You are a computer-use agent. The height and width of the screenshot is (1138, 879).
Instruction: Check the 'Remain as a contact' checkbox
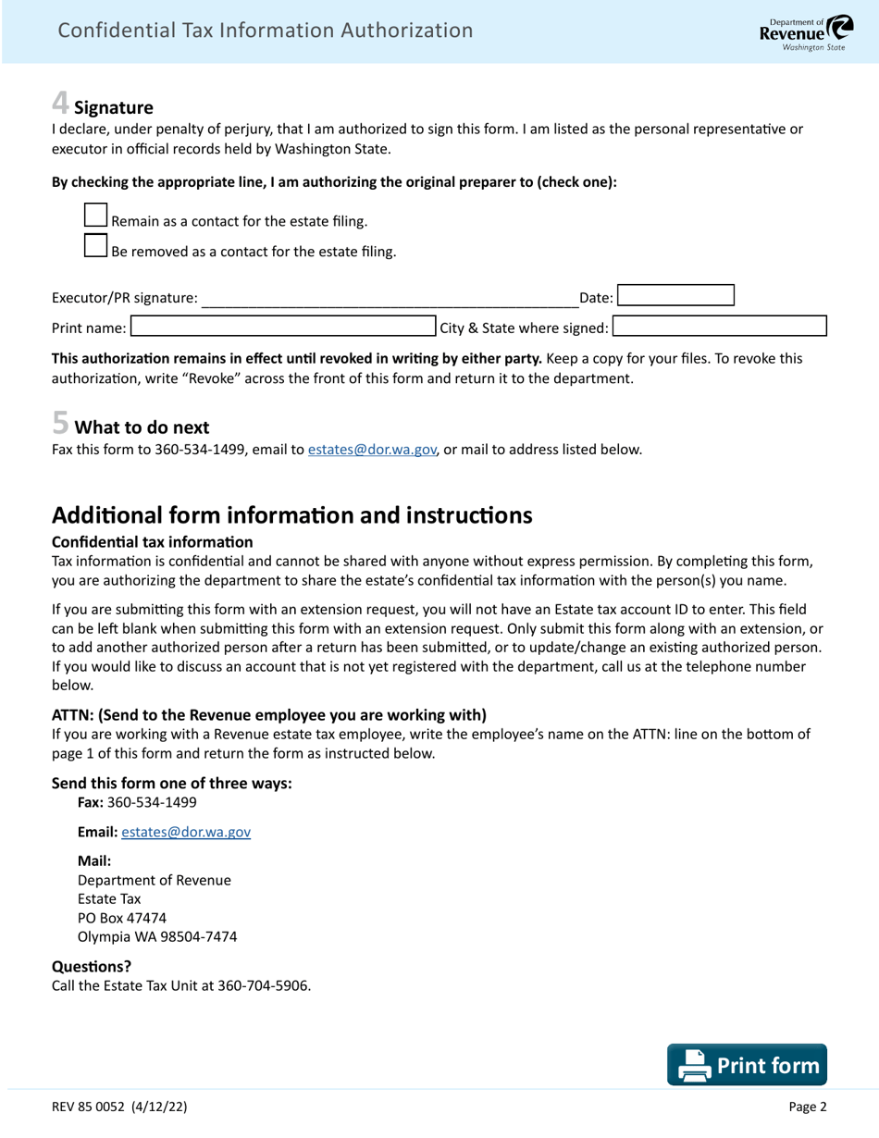point(95,216)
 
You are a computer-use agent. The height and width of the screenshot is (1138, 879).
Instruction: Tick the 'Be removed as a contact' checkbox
point(95,245)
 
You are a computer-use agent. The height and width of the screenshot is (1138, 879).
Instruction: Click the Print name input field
point(283,327)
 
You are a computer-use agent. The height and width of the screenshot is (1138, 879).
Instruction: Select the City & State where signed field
point(719,327)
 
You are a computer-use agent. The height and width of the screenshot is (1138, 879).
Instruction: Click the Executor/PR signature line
point(389,297)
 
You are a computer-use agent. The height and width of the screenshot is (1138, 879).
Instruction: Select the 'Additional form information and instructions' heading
point(291,515)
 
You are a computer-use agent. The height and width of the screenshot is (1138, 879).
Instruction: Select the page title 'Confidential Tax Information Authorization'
point(265,31)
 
